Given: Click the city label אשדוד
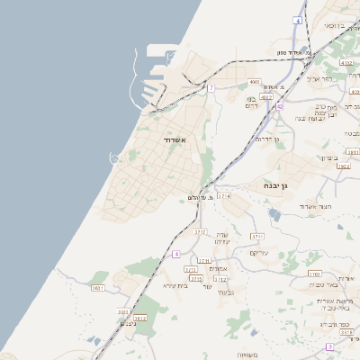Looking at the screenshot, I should pos(175,140).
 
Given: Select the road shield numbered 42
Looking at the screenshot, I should pos(279,106).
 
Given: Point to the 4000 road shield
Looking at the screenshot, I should pos(255,82).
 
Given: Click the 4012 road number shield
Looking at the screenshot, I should pos(266,95).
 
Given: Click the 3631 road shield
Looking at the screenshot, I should pos(98,288).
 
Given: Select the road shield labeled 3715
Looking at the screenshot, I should pos(196,279).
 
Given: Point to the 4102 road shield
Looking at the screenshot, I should pos(347,63).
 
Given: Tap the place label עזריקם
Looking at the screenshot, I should pos(258,252).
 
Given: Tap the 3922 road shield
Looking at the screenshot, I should pos(343,166).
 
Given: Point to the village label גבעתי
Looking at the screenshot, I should pos(225,292).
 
